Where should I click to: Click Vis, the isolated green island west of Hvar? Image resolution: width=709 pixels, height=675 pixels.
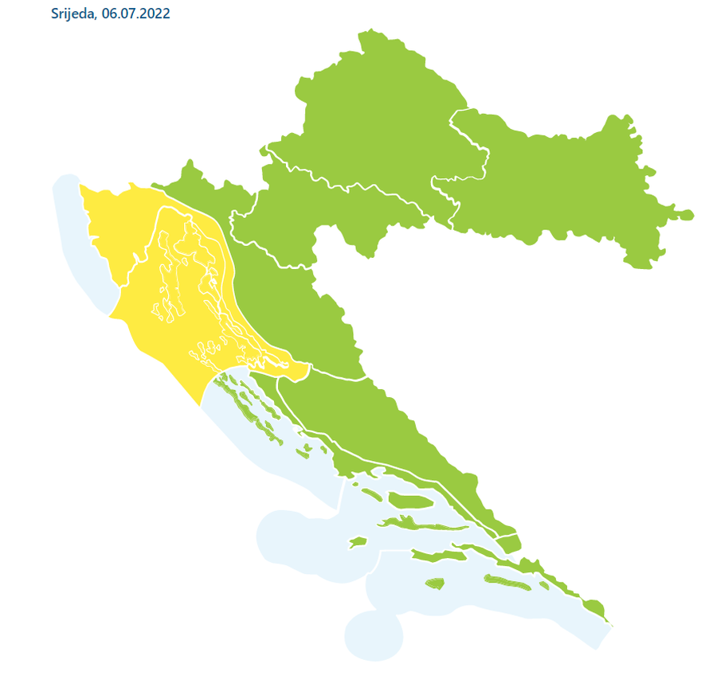tap(358, 542)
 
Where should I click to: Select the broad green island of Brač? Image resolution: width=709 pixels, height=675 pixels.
tap(410, 501)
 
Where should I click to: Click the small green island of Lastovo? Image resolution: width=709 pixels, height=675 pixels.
tap(434, 583)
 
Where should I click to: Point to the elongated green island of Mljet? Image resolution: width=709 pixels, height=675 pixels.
tap(510, 583)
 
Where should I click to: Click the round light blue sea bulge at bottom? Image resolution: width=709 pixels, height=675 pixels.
tap(373, 635)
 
